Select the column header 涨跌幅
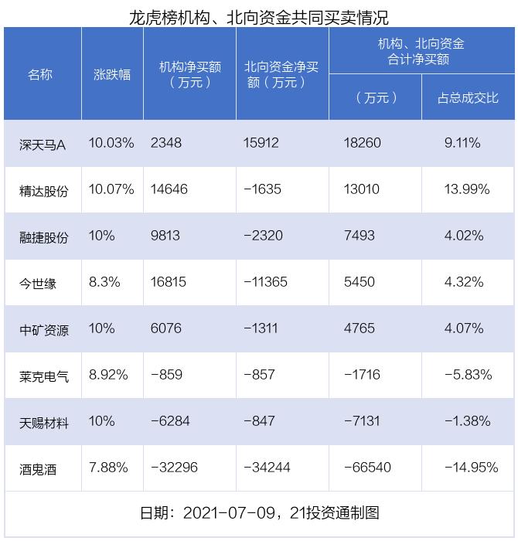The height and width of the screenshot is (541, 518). coord(112,74)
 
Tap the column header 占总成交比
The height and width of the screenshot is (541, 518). coord(468,97)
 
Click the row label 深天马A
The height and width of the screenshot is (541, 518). coord(43,144)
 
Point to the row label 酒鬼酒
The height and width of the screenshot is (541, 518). coord(38,468)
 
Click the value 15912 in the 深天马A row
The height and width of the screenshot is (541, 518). coord(261,143)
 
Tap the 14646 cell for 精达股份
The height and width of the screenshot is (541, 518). coord(169,189)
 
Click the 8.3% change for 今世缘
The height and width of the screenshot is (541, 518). coord(105,282)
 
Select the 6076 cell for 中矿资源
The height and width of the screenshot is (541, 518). coord(166,328)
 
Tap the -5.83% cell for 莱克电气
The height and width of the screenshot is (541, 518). coord(468,375)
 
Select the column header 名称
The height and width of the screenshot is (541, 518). coord(41,74)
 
